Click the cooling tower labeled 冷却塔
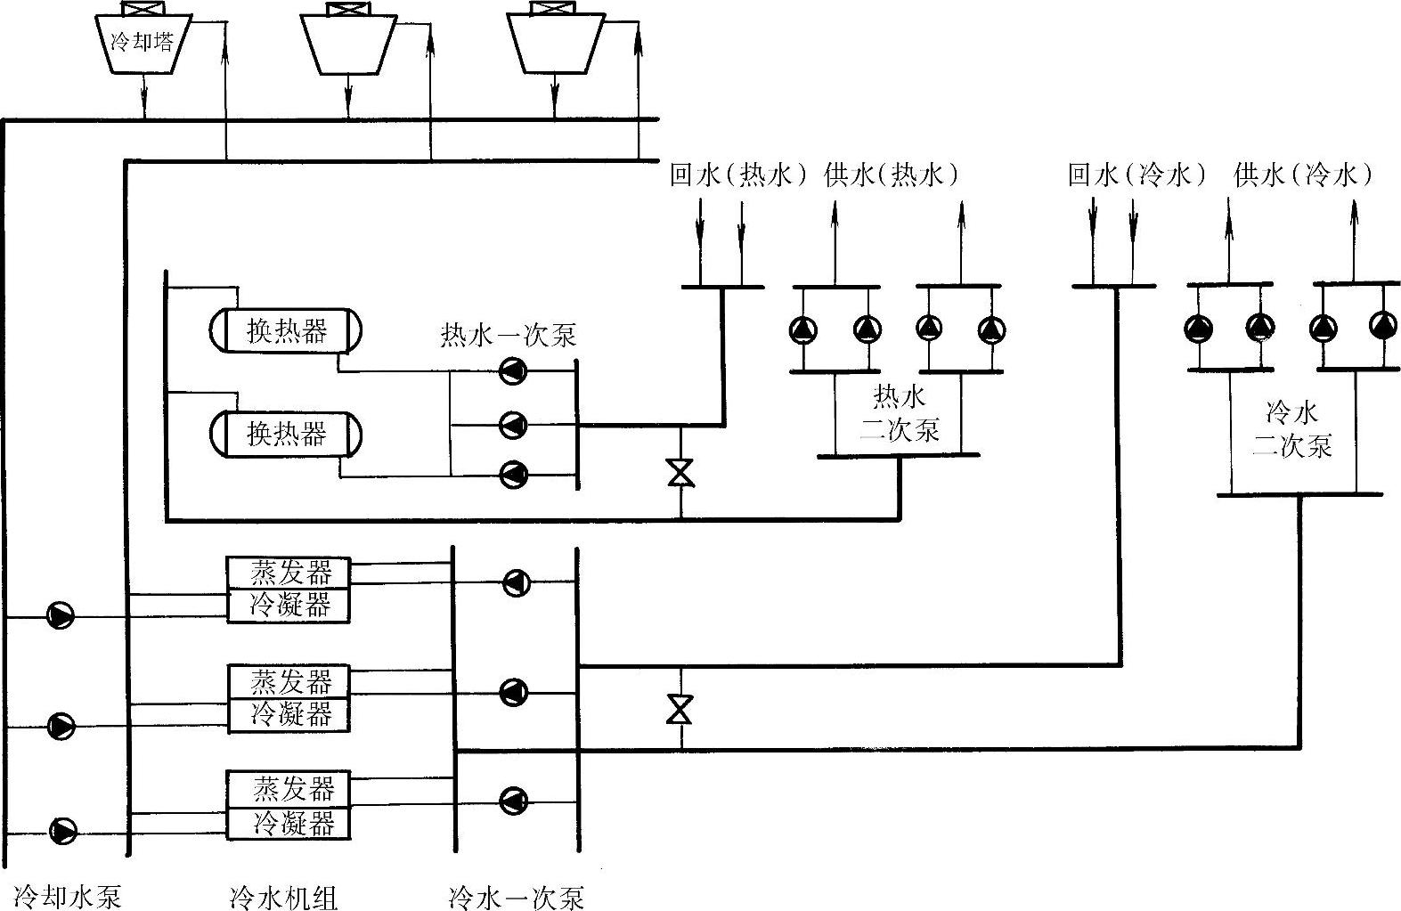click(142, 43)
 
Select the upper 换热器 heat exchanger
click(286, 330)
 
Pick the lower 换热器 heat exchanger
click(286, 434)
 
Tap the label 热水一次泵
click(508, 335)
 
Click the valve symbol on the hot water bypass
click(681, 473)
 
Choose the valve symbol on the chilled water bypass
click(680, 709)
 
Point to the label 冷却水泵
click(67, 897)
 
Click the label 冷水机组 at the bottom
click(283, 897)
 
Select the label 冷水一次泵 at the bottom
click(516, 897)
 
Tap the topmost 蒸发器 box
click(289, 572)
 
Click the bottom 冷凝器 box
click(289, 824)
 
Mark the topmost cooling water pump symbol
click(61, 616)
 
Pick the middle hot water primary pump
click(514, 425)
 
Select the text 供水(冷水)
click(1303, 175)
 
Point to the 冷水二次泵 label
click(1292, 429)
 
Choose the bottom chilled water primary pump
click(514, 801)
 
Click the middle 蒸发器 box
click(289, 681)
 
